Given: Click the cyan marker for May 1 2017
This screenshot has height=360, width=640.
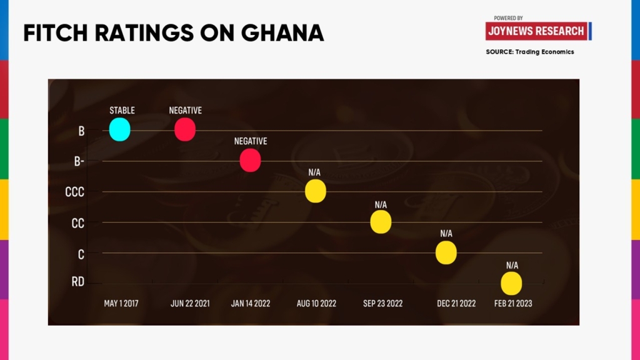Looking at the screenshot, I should click(119, 130).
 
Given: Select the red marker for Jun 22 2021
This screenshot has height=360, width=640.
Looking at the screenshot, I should click(185, 130).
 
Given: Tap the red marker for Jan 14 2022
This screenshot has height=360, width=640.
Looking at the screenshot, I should click(250, 161).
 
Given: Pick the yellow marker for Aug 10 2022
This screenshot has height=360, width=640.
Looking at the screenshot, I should click(316, 191).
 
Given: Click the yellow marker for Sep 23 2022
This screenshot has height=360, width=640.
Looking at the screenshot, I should click(381, 222).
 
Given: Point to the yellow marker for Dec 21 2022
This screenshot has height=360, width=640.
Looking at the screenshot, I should click(446, 252).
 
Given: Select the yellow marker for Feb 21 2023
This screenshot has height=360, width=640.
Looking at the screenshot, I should click(511, 283).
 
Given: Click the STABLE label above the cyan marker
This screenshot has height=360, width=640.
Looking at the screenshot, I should click(122, 111).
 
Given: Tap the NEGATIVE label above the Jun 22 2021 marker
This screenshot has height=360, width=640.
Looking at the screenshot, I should click(185, 111).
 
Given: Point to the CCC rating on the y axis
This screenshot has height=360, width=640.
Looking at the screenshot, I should click(74, 192).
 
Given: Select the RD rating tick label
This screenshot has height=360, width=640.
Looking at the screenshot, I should click(77, 282).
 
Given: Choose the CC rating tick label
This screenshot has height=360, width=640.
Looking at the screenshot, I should click(77, 222).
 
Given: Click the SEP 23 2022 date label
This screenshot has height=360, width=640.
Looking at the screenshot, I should click(382, 304).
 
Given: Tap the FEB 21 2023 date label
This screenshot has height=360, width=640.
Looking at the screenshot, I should click(513, 304).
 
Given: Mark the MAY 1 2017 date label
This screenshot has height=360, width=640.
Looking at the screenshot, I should click(121, 304).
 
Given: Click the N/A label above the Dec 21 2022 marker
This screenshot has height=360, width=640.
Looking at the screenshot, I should click(446, 234).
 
